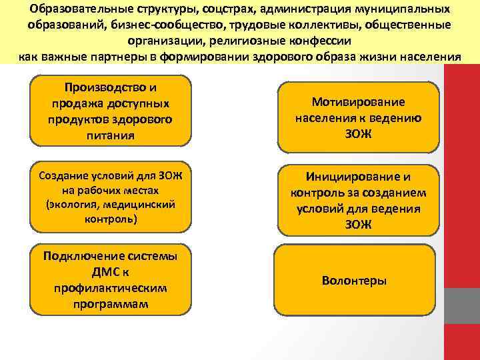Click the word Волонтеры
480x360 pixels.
tap(354, 281)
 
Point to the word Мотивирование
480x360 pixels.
tap(359, 102)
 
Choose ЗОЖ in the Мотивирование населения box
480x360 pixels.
tap(359, 134)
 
